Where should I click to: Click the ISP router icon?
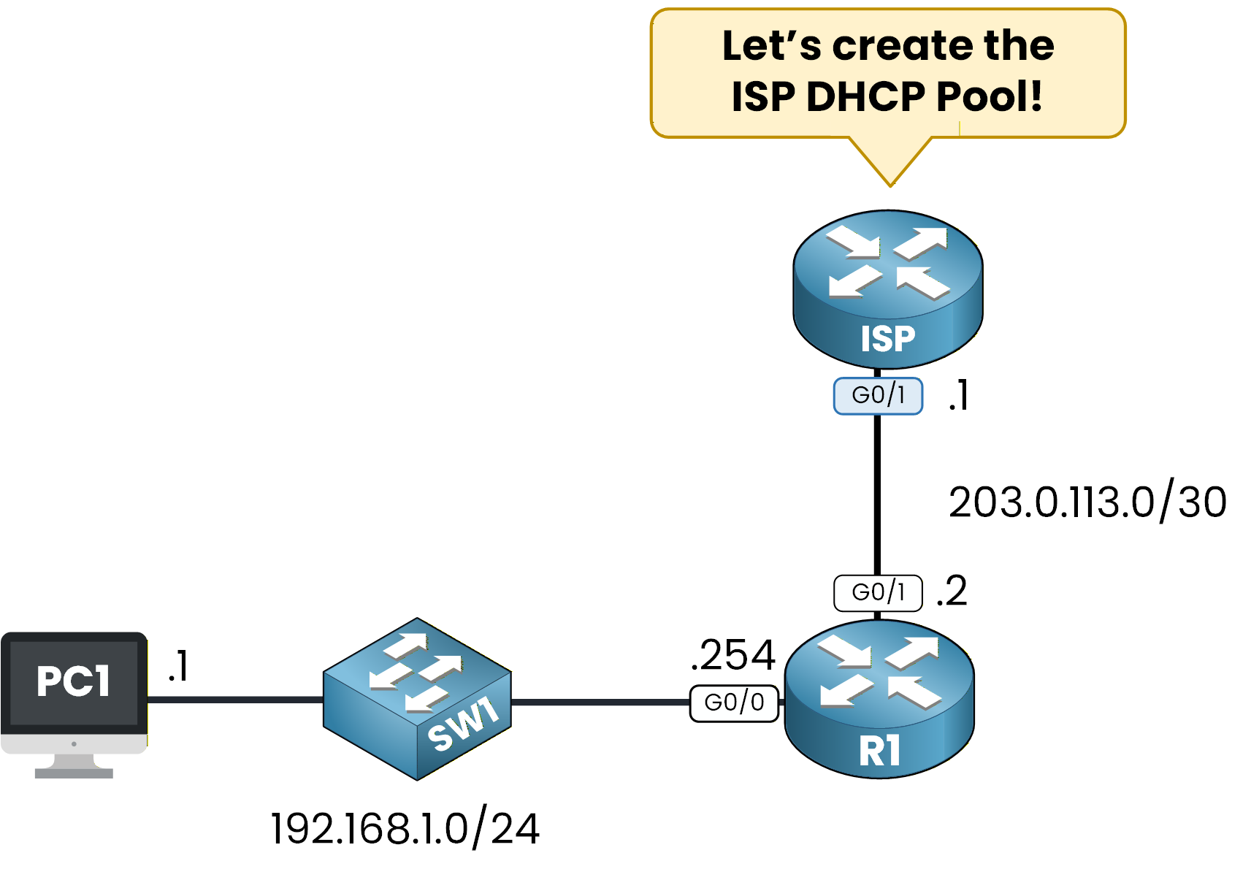pyautogui.click(x=887, y=288)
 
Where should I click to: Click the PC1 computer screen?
pyautogui.click(x=74, y=681)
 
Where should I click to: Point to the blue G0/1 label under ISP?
pyautogui.click(x=878, y=396)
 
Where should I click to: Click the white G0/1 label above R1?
pyautogui.click(x=878, y=592)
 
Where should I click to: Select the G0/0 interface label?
pyautogui.click(x=734, y=703)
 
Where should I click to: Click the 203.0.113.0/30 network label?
pyautogui.click(x=1087, y=502)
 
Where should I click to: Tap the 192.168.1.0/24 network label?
pyautogui.click(x=405, y=829)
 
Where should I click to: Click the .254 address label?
pyautogui.click(x=732, y=654)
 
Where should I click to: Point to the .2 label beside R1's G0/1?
pyautogui.click(x=952, y=591)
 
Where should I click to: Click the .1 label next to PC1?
pyautogui.click(x=178, y=666)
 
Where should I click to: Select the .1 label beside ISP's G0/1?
pyautogui.click(x=958, y=396)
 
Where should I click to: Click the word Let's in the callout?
pyautogui.click(x=772, y=46)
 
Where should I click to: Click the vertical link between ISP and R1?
pyautogui.click(x=877, y=497)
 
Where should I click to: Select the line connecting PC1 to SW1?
pyautogui.click(x=234, y=700)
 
